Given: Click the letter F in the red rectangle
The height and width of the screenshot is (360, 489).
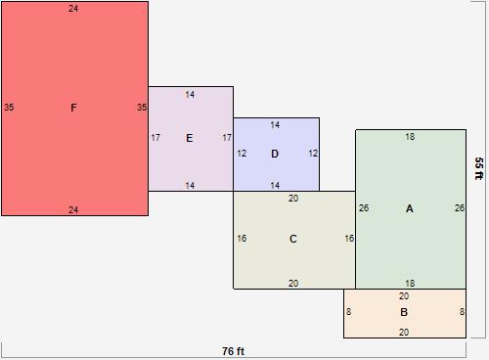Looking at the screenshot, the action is [73, 108].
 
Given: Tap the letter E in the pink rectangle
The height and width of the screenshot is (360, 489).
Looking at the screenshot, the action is [190, 138].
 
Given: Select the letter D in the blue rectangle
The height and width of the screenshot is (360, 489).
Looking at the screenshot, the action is [275, 154].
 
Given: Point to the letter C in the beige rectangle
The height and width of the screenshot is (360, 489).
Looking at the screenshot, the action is [293, 239].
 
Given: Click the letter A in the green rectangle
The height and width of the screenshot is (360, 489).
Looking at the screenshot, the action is [409, 208].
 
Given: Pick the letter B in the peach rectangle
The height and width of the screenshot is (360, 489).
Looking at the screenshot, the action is [404, 312].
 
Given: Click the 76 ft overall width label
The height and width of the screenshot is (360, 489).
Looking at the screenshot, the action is [233, 350].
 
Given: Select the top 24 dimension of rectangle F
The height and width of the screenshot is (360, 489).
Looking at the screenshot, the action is [73, 9].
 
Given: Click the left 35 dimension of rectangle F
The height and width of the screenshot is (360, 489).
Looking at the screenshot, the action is [9, 108].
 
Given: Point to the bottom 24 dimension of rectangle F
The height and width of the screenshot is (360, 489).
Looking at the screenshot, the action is [73, 209].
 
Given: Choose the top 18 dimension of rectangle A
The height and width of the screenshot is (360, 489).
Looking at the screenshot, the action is [410, 137].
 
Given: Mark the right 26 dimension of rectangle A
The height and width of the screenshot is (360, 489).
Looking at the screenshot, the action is [460, 208].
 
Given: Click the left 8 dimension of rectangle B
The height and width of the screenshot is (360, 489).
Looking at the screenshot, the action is [349, 312].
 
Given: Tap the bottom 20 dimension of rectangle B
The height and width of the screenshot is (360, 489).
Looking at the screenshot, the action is [404, 333].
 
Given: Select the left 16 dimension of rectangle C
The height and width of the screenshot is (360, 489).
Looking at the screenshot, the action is [241, 239].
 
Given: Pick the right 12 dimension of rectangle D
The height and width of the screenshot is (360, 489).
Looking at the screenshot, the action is [313, 154].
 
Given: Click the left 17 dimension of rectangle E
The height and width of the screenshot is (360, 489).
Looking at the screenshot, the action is [156, 138].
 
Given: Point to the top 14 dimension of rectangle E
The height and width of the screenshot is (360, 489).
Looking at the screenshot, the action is [190, 95].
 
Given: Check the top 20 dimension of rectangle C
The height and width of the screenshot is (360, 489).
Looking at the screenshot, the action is [293, 199].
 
